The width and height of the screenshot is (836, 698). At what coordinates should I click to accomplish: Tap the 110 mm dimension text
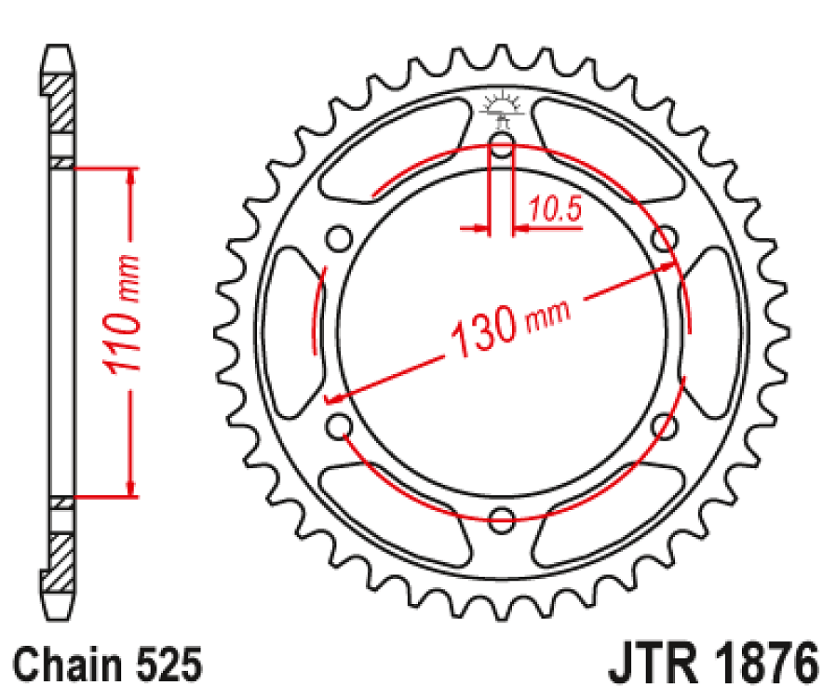pos(123,314)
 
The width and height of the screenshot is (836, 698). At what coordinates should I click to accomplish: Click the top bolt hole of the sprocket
pos(502,145)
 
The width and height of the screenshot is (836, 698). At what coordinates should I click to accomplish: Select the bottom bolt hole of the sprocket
pos(502,518)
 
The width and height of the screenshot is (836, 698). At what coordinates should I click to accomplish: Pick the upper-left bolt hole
pos(339,239)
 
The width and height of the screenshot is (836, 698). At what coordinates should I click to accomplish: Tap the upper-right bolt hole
pos(664,239)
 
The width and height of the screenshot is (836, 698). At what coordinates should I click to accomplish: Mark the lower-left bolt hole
pos(339,426)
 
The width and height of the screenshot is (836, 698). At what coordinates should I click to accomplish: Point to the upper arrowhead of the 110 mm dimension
pos(131,177)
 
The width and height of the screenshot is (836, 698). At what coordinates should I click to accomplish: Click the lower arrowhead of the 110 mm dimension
pos(131,488)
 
